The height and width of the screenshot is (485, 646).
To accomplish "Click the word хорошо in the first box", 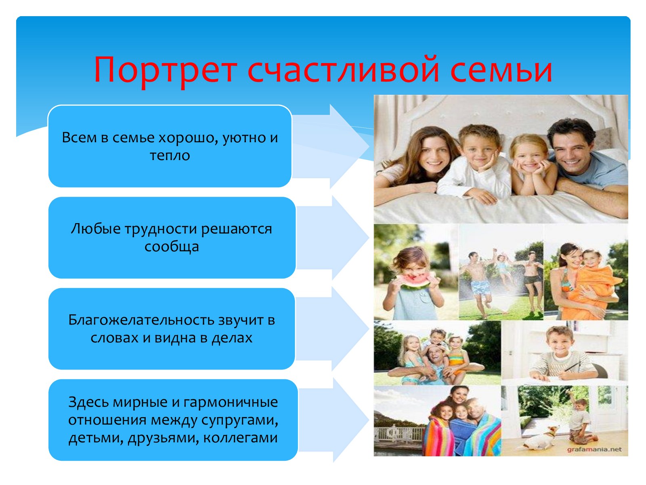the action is [x=189, y=138].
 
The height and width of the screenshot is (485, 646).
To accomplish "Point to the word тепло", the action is [x=170, y=155].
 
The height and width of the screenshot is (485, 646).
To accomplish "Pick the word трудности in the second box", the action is [x=161, y=229].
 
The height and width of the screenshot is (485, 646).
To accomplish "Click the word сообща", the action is [x=172, y=247].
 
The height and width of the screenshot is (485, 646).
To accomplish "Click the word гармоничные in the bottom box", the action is [x=231, y=402].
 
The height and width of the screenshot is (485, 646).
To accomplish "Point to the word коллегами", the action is [x=241, y=438].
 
